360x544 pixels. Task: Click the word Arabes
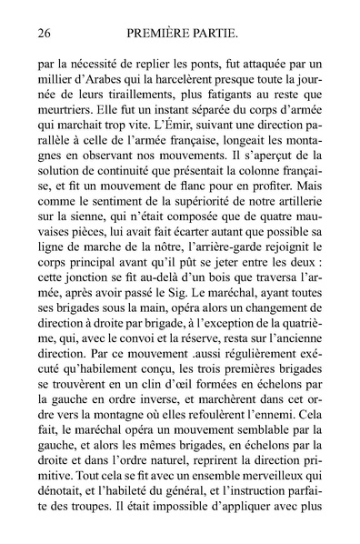(x=109, y=84)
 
